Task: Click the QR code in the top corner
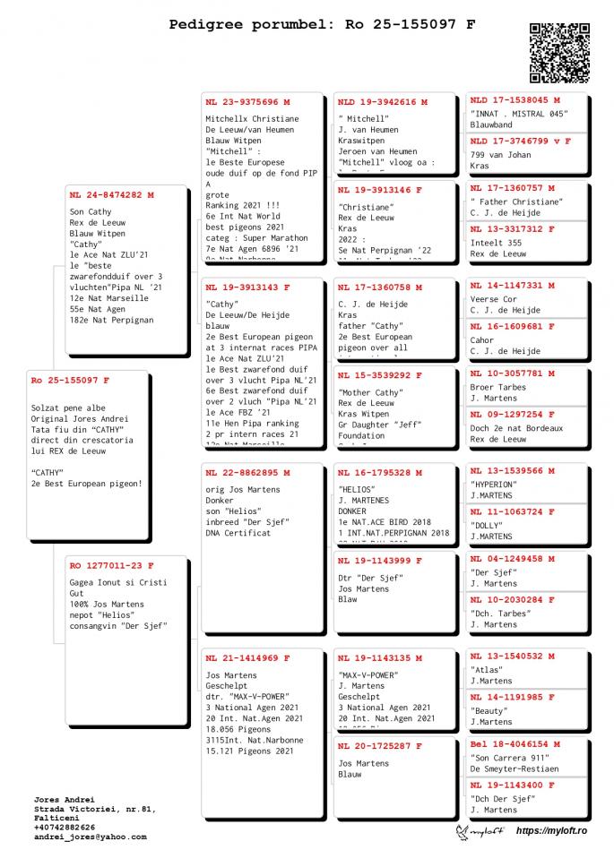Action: (x=560, y=53)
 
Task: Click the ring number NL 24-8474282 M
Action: (x=111, y=194)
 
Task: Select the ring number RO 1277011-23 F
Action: (x=111, y=565)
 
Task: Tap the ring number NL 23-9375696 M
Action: (x=247, y=101)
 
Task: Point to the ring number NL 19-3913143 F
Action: (x=247, y=288)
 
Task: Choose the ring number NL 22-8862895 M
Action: (x=247, y=472)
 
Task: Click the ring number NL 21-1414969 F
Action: (x=247, y=658)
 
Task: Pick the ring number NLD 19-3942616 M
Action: (x=383, y=102)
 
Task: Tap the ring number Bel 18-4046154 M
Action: (x=515, y=743)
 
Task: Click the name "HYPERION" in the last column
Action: (x=494, y=485)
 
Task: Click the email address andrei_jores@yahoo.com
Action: (x=90, y=837)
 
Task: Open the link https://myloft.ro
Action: (x=551, y=832)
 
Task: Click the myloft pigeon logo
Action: (x=480, y=832)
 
